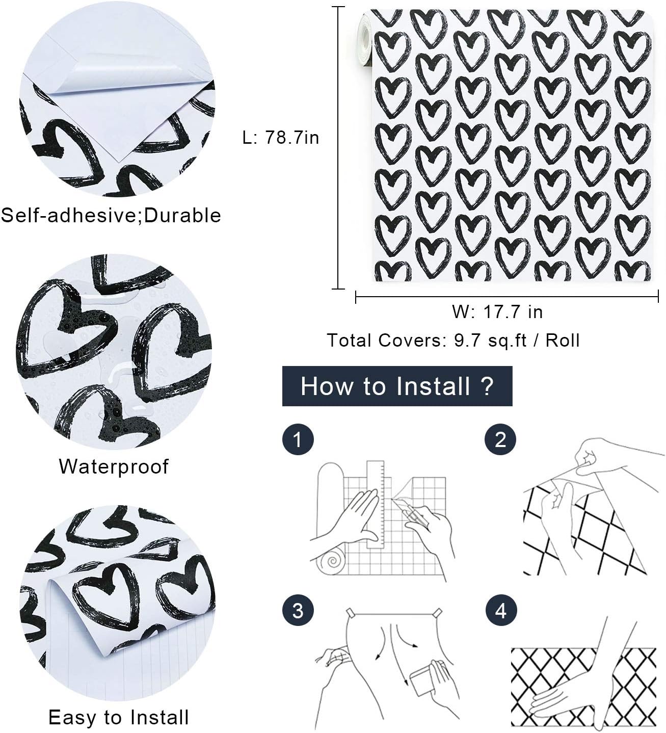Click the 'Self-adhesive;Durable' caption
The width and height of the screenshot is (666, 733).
(111, 215)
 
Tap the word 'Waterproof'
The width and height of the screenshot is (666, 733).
(114, 466)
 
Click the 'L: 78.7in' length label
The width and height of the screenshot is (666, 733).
(281, 138)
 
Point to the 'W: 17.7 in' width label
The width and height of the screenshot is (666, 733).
(497, 311)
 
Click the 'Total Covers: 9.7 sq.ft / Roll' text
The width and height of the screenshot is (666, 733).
(453, 340)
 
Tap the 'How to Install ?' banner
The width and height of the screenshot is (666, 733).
(397, 386)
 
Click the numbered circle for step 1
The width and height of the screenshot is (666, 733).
(298, 439)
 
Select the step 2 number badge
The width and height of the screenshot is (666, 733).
(500, 439)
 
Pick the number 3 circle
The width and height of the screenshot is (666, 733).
(298, 611)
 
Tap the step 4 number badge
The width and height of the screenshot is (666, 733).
(501, 611)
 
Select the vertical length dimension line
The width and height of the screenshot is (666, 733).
(338, 148)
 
